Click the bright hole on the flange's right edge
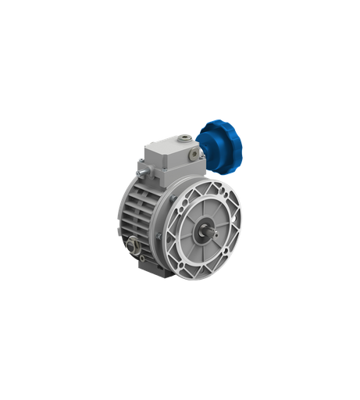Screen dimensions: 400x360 click(240, 218)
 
